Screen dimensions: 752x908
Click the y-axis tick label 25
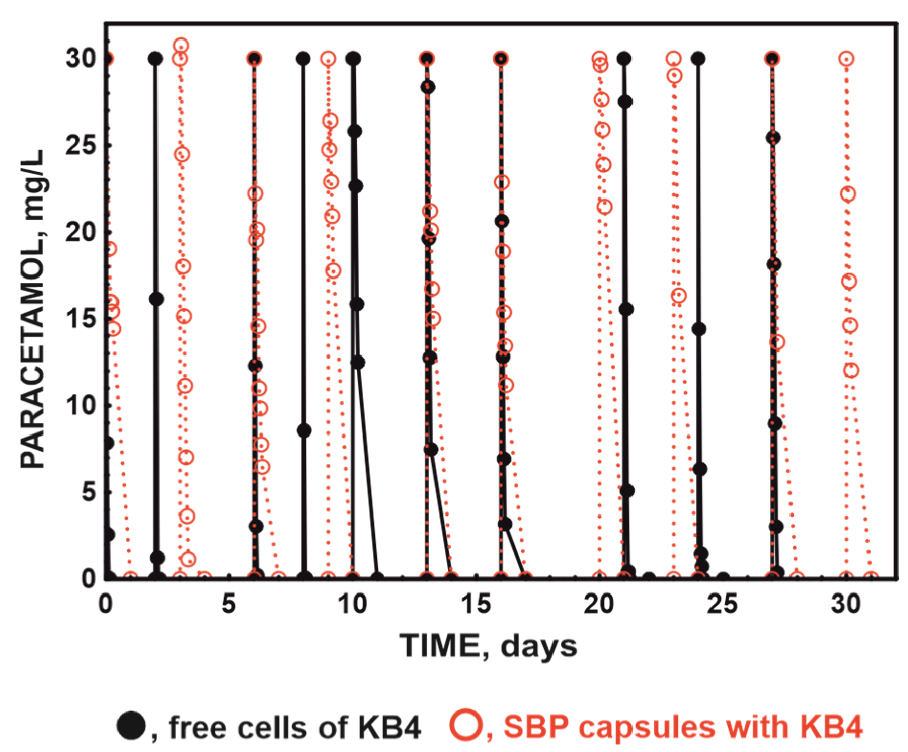coord(81,145)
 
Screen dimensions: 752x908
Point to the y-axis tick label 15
coord(81,319)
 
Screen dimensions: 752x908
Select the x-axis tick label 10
coord(352,604)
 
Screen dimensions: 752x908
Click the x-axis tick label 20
coord(599,604)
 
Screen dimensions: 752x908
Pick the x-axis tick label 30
coord(846,604)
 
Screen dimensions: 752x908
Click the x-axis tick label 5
coord(229,604)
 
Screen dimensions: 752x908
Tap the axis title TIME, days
coord(488,647)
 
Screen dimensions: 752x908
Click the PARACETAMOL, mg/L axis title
coord(33,309)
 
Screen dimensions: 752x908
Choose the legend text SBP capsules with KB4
coord(683,727)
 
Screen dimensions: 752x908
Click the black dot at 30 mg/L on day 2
coord(155,59)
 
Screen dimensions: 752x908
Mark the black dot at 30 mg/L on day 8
coord(303,59)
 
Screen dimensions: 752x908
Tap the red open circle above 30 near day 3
coord(181,46)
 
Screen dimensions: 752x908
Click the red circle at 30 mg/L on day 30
coord(846,59)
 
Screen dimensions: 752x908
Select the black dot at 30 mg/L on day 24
coord(699,59)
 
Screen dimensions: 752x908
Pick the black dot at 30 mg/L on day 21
coord(624,59)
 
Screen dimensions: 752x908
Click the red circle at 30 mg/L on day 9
coord(328,59)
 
